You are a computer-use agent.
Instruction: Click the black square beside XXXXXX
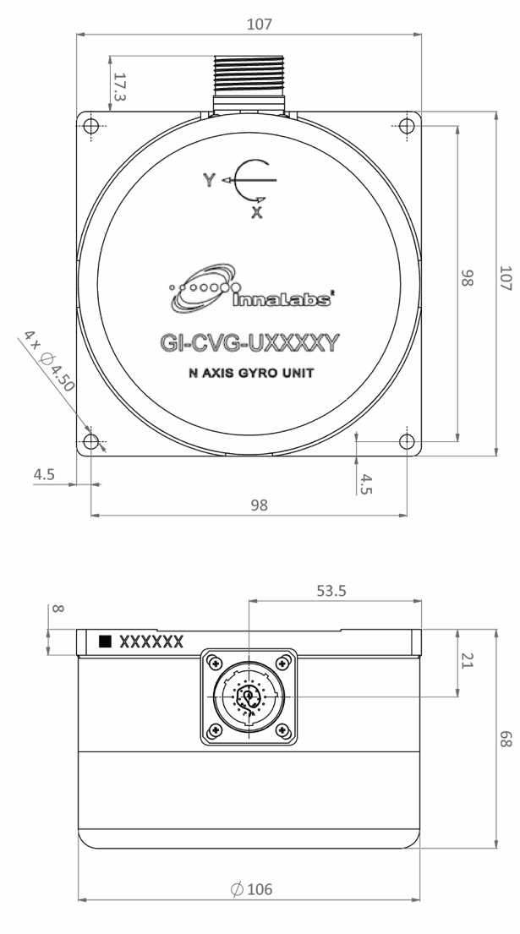(x=106, y=642)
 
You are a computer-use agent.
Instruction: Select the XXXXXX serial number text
(x=151, y=642)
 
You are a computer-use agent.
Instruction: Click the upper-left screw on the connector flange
(x=216, y=662)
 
